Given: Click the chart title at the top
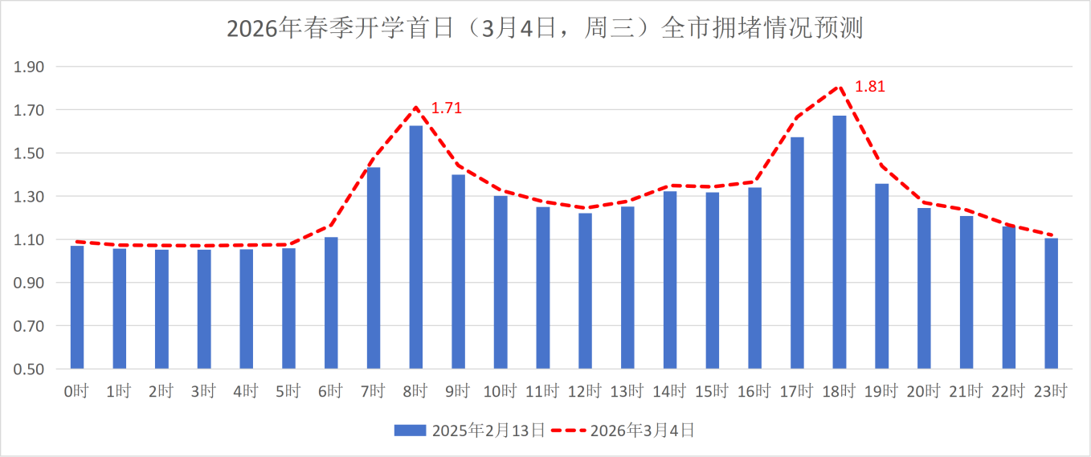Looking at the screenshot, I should click(545, 29).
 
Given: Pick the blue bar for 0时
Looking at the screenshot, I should click(77, 308).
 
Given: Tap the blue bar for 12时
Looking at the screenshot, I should click(586, 291).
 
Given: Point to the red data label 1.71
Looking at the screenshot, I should click(447, 108).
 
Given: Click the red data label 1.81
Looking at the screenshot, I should click(869, 87).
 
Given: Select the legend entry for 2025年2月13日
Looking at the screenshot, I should click(469, 430).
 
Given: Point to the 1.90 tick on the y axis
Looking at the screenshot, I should click(29, 67).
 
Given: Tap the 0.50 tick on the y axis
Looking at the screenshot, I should click(29, 369).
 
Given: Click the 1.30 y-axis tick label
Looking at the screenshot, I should click(29, 197).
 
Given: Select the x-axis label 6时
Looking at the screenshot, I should click(330, 392).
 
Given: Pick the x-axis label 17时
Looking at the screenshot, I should click(796, 392).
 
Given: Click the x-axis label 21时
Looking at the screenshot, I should click(966, 392).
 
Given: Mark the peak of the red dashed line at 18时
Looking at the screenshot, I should click(840, 86).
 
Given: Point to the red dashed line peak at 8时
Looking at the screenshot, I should click(416, 108).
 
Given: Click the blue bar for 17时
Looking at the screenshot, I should click(797, 253).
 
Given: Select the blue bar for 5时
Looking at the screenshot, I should click(289, 308).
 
